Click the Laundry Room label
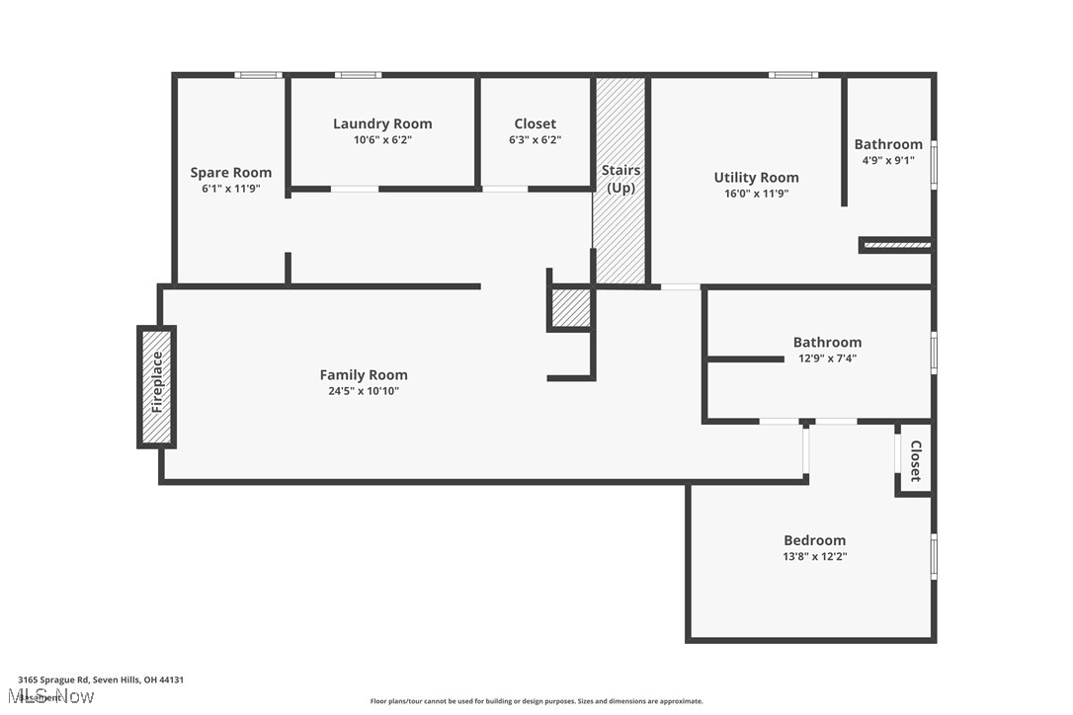tap(382, 123)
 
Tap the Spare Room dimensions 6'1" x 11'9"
tap(230, 189)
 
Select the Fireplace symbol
tap(156, 386)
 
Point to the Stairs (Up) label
tap(620, 179)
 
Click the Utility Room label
tap(756, 178)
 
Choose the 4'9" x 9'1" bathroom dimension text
tap(888, 160)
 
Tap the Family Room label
tap(364, 374)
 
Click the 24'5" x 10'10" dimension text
tap(364, 391)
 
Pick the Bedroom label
tap(814, 540)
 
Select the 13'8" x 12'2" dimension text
tap(814, 557)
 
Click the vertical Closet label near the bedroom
tap(915, 460)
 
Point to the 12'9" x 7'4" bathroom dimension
tap(827, 358)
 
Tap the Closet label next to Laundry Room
tap(535, 123)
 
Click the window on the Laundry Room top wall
tap(357, 75)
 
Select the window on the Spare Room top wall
tap(258, 75)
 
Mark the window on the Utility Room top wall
tap(793, 75)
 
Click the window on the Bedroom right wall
tap(934, 556)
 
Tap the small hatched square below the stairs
tap(570, 308)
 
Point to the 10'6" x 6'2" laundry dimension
tap(382, 140)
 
